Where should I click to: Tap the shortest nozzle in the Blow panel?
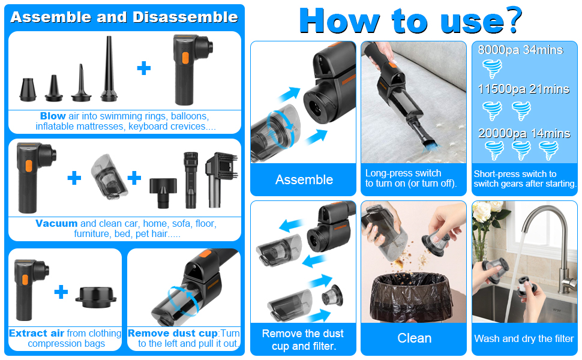tap(28, 89)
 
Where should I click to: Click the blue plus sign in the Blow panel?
tap(143, 68)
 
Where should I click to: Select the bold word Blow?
tap(53, 116)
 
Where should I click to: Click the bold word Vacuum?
tap(56, 223)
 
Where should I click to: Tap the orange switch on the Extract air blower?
tap(25, 280)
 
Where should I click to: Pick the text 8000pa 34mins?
tap(520, 50)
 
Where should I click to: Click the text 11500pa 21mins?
tap(523, 89)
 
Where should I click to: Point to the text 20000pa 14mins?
tap(524, 133)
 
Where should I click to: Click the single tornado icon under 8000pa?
tap(492, 69)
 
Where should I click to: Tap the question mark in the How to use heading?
tap(512, 20)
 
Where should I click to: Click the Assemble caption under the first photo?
tap(304, 179)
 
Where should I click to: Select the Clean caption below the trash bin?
tap(414, 338)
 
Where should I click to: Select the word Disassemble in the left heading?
tap(185, 17)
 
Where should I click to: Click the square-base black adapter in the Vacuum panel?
tap(163, 192)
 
